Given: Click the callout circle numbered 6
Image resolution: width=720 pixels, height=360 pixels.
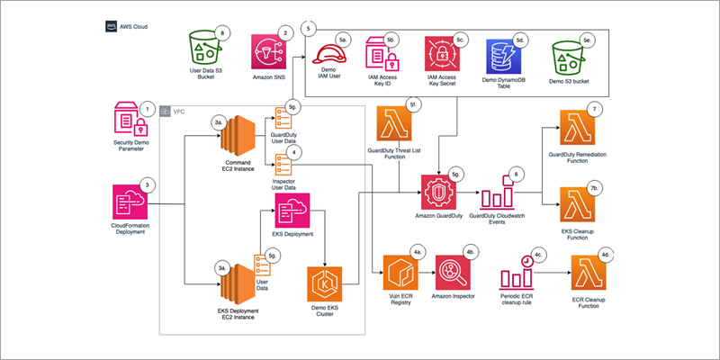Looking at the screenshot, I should point(516,173).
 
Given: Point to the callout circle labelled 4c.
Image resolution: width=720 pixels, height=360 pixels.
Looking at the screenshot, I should point(537,255).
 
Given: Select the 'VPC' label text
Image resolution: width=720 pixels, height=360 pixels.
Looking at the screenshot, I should point(178,111).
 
